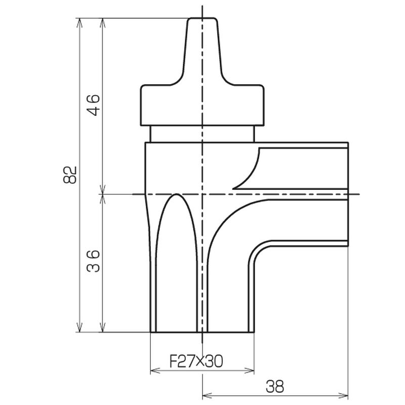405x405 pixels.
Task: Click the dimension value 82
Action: [70, 175]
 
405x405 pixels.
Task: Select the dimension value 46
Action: [93, 105]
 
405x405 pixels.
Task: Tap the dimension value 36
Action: [93, 261]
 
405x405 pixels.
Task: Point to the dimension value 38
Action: [275, 386]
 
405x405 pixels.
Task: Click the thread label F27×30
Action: [196, 361]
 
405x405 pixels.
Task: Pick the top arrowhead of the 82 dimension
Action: [80, 23]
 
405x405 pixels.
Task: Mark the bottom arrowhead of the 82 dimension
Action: [80, 328]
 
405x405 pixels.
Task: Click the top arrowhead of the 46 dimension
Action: [103, 23]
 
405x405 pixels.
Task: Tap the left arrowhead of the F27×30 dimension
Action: [155, 371]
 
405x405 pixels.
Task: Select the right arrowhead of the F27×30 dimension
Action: [250, 371]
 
